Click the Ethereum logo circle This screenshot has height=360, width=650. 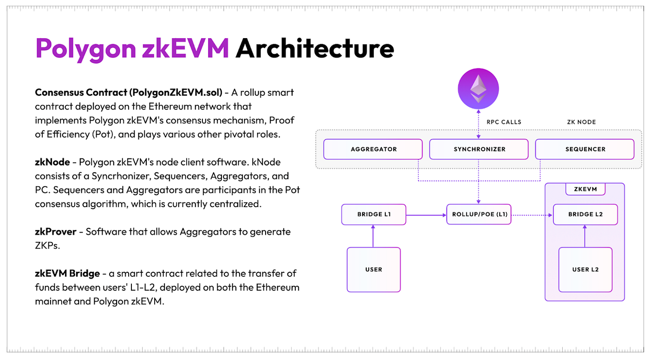[478, 89]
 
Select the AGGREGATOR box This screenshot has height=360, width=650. [373, 149]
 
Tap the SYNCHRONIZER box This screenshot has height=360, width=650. [479, 149]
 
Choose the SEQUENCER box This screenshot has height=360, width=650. [585, 149]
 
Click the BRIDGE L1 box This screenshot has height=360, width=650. [374, 215]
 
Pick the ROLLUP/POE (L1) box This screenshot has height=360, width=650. [479, 215]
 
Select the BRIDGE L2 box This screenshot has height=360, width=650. [585, 215]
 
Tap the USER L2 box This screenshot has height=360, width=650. [585, 270]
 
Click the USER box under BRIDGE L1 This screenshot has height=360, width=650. [374, 270]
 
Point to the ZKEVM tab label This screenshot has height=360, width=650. [585, 190]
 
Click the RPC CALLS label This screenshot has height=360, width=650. [504, 122]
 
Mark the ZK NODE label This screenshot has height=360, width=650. [581, 122]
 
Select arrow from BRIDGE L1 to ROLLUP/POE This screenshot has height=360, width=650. [426, 215]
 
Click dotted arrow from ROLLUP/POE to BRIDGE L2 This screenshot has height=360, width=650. [532, 215]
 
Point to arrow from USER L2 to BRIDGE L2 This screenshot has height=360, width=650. [585, 236]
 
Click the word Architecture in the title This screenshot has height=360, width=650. [315, 48]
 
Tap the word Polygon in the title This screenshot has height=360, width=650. [85, 49]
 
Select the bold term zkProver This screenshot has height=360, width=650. [56, 232]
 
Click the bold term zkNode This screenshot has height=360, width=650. [52, 162]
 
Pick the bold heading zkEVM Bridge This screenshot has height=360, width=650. [67, 274]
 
